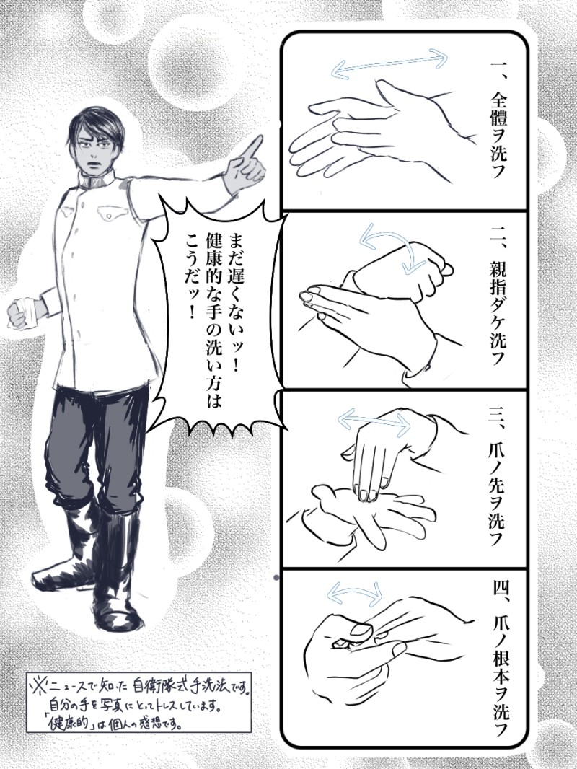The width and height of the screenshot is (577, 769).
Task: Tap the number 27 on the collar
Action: [x=96, y=179]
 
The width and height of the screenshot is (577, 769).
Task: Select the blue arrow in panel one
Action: [x=390, y=63]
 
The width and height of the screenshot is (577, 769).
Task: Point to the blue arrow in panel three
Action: [x=374, y=421]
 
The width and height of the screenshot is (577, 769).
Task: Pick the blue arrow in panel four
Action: [x=356, y=589]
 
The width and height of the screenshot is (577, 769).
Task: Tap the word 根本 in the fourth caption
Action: [x=498, y=662]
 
